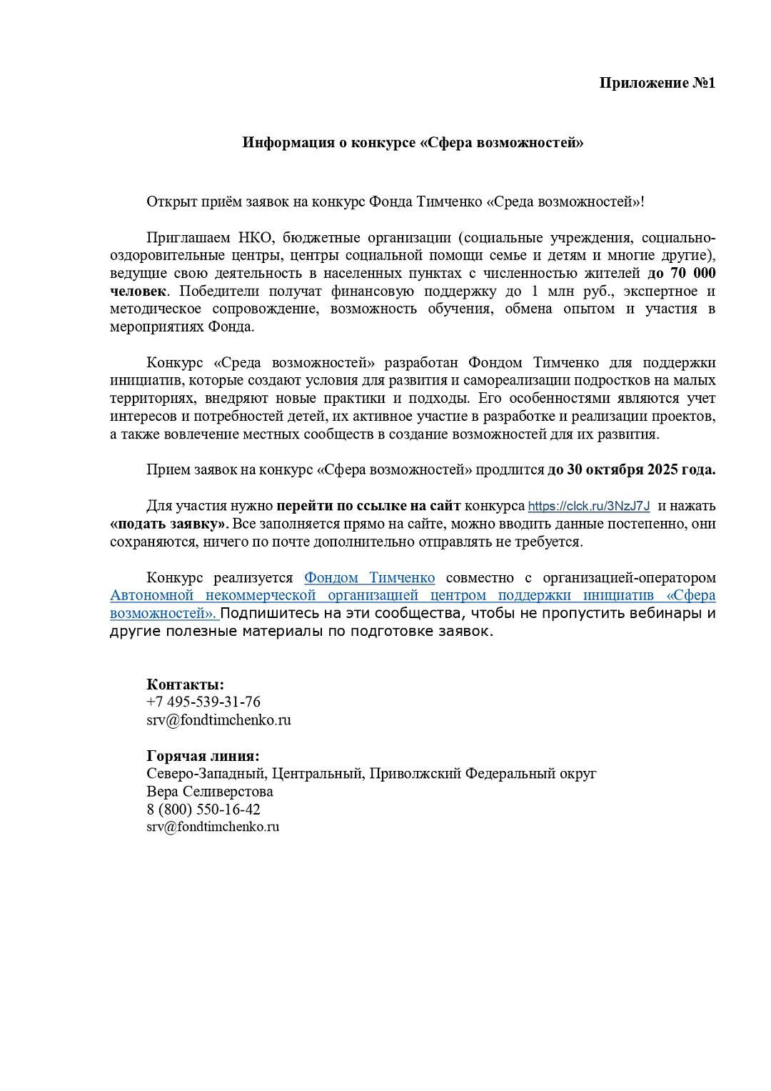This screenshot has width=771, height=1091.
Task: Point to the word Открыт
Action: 168,201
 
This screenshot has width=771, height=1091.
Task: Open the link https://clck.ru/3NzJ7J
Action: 589,507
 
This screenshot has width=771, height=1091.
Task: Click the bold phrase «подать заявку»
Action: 166,524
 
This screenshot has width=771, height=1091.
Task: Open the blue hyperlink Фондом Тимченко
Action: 369,578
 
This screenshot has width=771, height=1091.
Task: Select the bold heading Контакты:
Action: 186,684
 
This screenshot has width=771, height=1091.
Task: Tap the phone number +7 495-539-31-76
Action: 203,702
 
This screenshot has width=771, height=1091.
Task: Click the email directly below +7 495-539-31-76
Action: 218,720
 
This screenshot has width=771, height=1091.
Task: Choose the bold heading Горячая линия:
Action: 203,756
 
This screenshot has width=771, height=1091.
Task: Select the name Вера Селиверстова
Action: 210,792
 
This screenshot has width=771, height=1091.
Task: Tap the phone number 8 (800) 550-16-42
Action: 203,809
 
